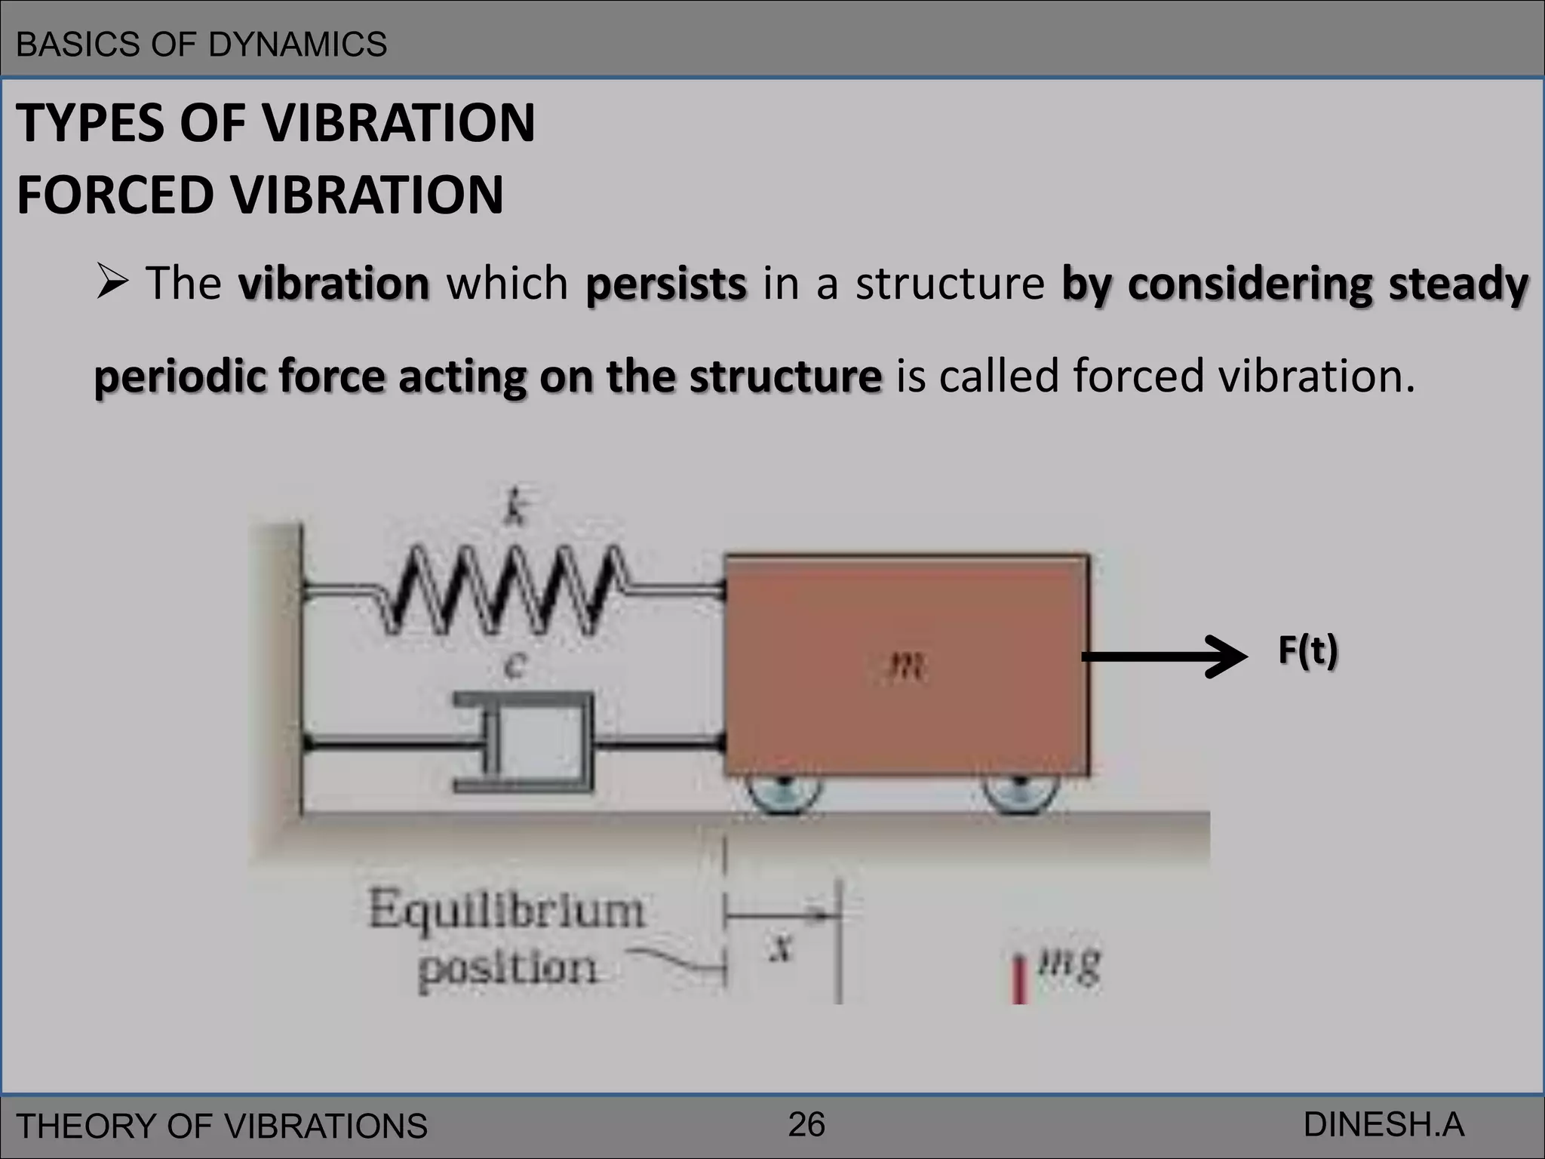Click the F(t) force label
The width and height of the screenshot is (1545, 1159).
coord(1307,650)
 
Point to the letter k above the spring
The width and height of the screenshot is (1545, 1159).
coord(514,508)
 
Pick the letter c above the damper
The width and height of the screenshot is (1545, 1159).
coord(514,666)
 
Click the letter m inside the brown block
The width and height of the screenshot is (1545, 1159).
coord(905,666)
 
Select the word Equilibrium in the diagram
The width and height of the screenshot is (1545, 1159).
coord(506,909)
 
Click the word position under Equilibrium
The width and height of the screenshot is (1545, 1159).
coord(508,968)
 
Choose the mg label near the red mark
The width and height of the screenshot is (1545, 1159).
coord(1069,964)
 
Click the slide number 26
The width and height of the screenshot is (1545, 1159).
coord(806,1124)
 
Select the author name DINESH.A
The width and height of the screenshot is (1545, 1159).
coord(1384,1124)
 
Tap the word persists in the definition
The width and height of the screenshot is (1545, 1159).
coord(666,284)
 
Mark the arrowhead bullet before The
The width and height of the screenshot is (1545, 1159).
coord(113,284)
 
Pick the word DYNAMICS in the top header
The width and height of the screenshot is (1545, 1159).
coord(297,45)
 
